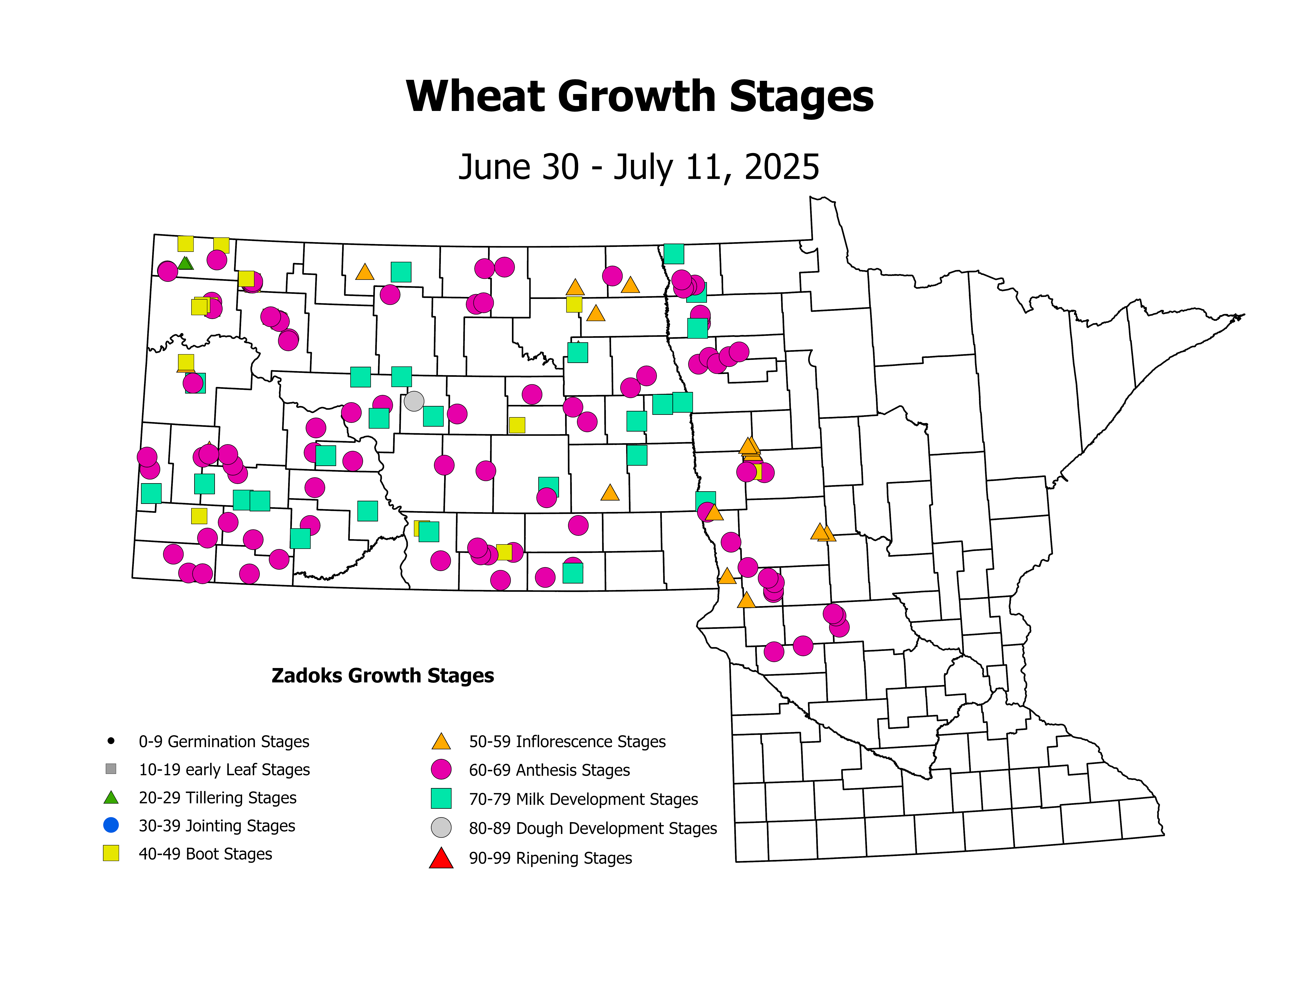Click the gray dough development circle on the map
(x=414, y=401)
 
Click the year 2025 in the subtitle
(x=782, y=167)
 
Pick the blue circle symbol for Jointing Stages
(x=111, y=825)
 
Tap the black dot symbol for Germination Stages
(x=111, y=741)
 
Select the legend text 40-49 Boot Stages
(x=205, y=854)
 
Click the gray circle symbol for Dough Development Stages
(x=441, y=828)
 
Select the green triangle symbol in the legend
(x=111, y=797)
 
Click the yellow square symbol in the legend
(x=111, y=853)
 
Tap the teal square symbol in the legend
(x=441, y=798)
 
